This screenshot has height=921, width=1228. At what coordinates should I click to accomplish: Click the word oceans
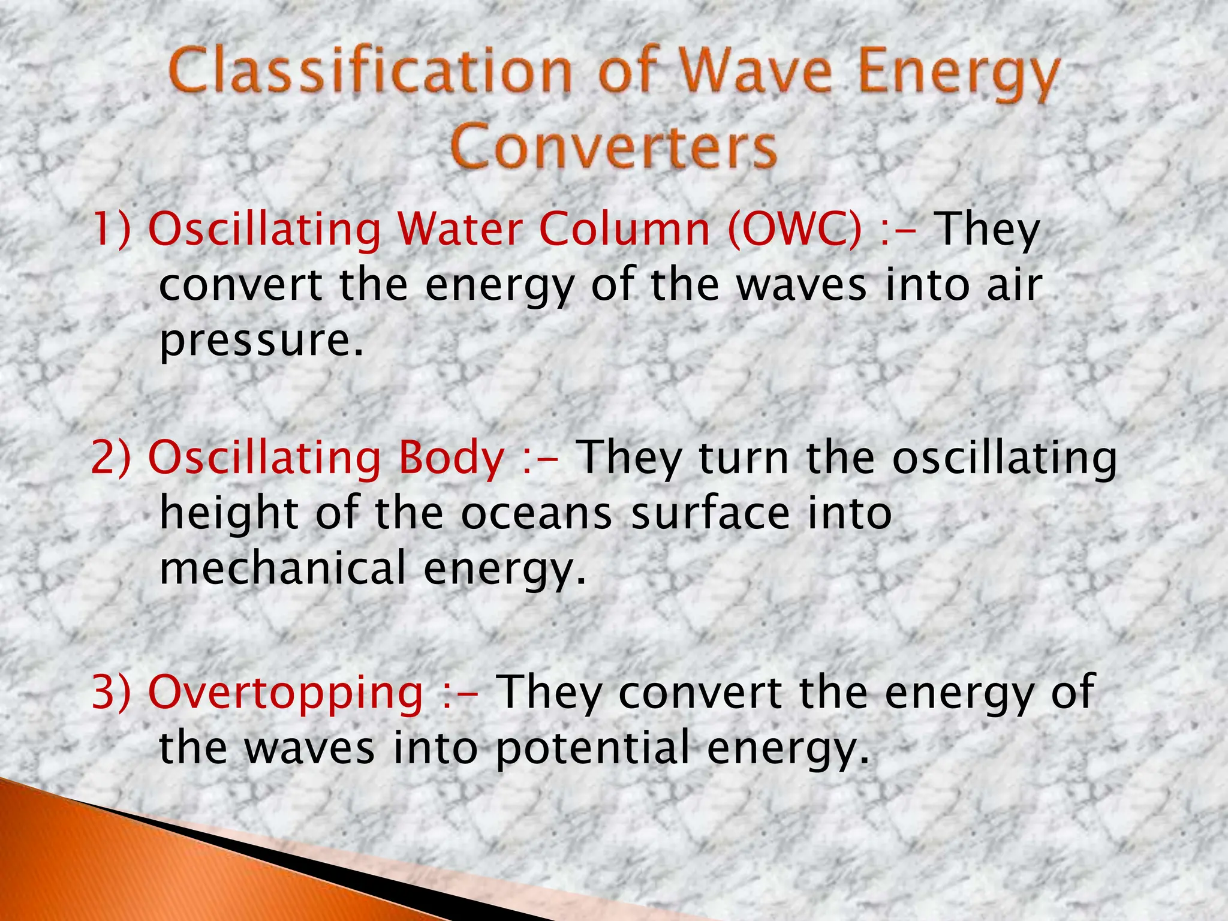click(x=537, y=514)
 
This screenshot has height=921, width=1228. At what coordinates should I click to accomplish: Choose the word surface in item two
click(x=711, y=514)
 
